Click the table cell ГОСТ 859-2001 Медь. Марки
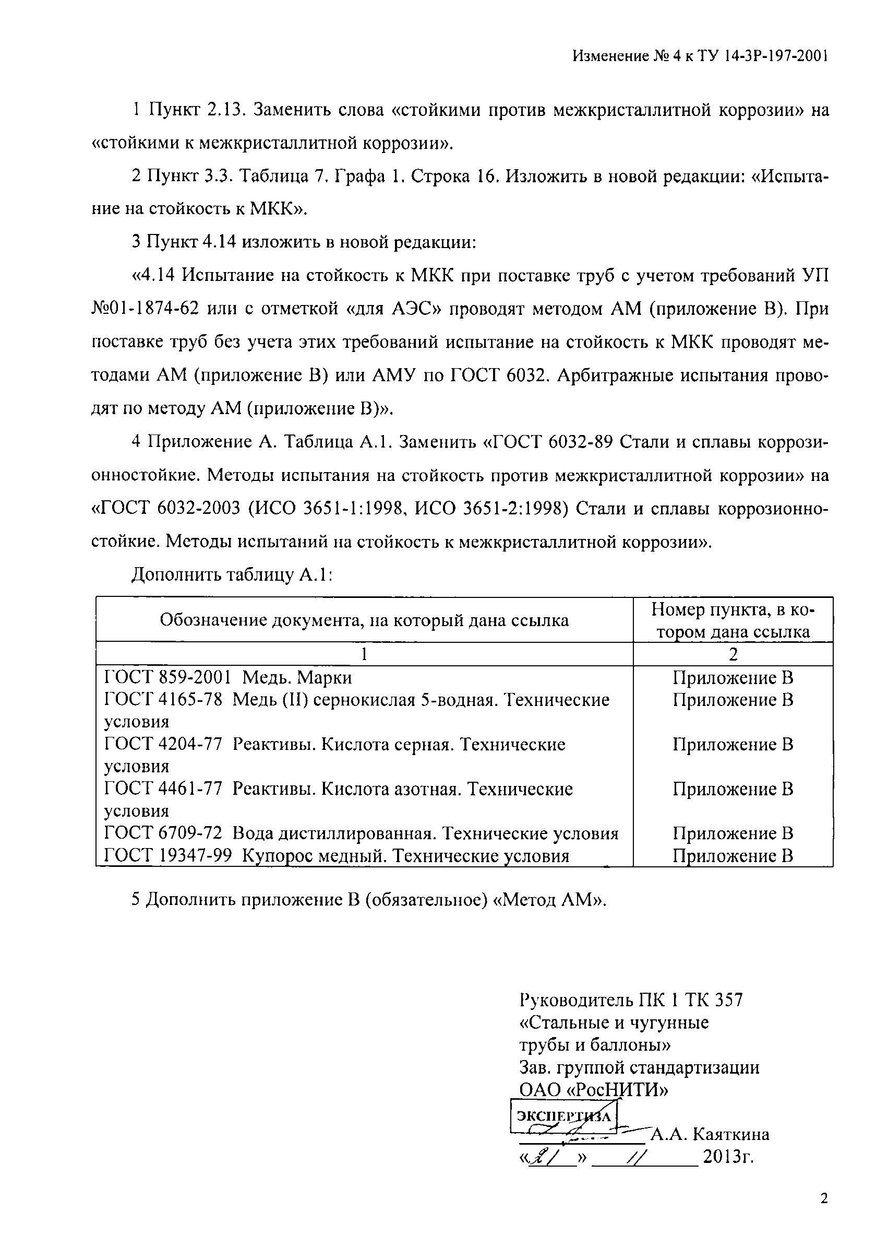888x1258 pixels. (x=228, y=678)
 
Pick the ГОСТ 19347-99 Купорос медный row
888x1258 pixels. (x=336, y=856)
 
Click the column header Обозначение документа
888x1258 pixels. (x=364, y=620)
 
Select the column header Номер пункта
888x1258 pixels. (x=733, y=620)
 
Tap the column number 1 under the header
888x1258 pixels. (x=364, y=654)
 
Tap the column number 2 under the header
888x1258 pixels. (x=733, y=654)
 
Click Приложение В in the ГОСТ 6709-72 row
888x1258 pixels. (x=733, y=833)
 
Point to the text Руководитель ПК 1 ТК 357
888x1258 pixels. (x=631, y=1001)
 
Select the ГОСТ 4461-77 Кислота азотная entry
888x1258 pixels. (x=338, y=789)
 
